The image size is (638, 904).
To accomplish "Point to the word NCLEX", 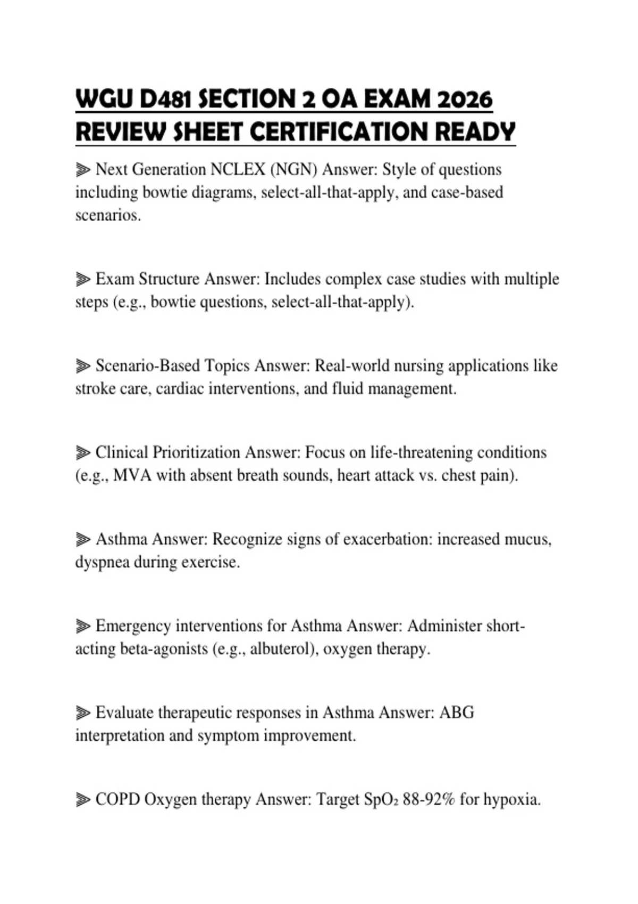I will (x=238, y=169).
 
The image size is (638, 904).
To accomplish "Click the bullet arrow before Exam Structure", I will (x=83, y=279).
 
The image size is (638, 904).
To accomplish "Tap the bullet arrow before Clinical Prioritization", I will (x=83, y=453).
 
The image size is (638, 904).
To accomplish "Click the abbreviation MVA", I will (x=132, y=475).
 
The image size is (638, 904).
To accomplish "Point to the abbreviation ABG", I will (x=457, y=713).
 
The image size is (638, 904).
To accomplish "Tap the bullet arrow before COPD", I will (x=83, y=799).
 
